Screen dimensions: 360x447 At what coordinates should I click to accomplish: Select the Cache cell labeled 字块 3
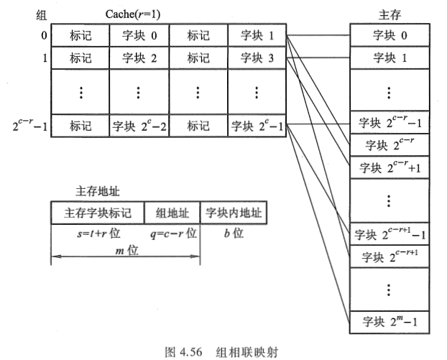coord(256,58)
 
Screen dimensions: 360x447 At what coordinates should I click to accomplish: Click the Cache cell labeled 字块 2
coord(138,58)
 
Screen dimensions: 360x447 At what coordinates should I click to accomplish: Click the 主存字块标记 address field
coord(98,213)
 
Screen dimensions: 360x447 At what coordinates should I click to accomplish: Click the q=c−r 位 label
coord(172,234)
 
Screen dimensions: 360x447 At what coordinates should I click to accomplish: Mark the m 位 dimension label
coord(126,251)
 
